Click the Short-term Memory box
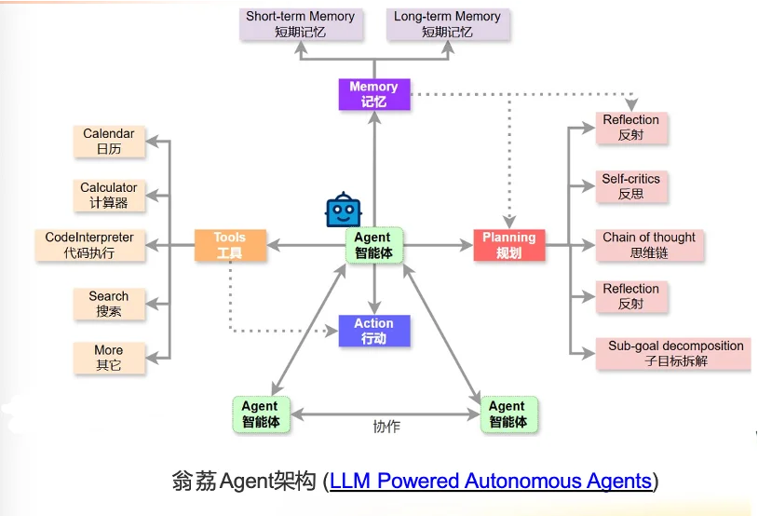300,24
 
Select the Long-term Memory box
447,24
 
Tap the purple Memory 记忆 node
373,94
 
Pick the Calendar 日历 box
109,142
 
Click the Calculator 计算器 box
109,195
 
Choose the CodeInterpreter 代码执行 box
89,245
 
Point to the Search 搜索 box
109,304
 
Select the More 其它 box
109,358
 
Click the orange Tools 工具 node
229,245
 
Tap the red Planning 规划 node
508,245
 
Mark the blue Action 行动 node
373,331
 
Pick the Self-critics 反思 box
630,186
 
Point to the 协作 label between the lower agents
386,427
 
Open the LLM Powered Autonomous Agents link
491,482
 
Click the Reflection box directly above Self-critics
630,128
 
